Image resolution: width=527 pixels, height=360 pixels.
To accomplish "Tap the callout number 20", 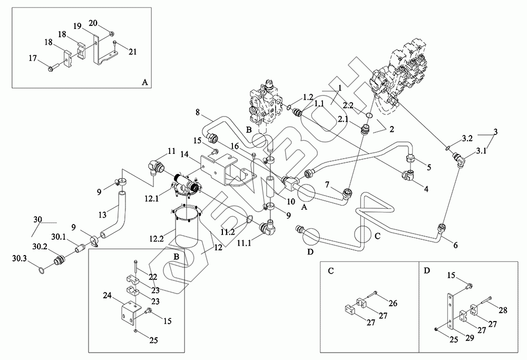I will coord(93,24).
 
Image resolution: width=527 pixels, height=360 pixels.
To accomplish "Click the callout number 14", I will coord(185,154).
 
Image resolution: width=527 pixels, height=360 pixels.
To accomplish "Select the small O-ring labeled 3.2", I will coord(448,147).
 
